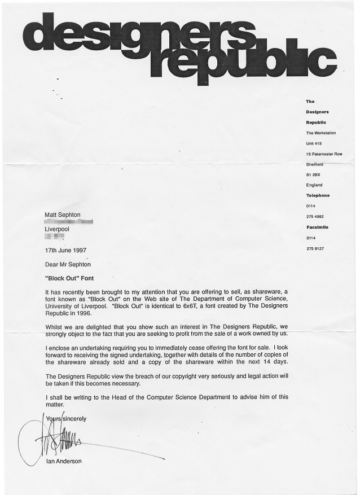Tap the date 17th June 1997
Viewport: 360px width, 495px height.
66,249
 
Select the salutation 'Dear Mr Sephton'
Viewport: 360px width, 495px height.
68,264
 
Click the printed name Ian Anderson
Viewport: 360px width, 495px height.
64,461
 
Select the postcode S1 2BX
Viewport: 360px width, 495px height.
313,174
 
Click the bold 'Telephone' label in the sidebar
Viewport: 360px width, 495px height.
318,195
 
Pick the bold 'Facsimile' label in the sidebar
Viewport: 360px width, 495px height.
317,227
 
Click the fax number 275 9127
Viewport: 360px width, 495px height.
315,248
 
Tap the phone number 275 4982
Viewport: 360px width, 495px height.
315,217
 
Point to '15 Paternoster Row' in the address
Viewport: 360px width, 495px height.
324,154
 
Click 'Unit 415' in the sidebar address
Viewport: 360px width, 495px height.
314,143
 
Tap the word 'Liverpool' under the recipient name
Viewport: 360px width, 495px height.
58,230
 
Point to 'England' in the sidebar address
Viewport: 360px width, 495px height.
314,185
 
